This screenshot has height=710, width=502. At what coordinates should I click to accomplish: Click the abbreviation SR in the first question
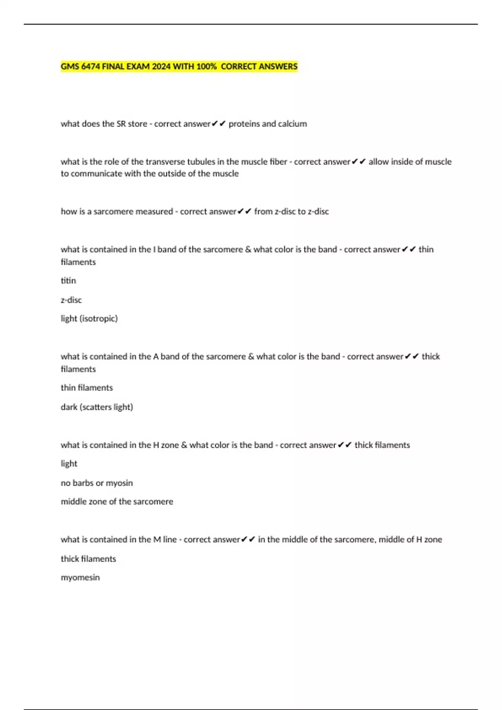coord(121,124)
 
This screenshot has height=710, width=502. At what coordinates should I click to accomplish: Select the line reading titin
coord(68,281)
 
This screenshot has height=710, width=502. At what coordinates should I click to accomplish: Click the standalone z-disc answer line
coord(71,300)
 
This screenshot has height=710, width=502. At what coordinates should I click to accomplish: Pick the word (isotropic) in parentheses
coord(98,319)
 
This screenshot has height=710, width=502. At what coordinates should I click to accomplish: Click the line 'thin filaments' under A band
coord(87,388)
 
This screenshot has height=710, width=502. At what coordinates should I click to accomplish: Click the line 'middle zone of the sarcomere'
coord(117,502)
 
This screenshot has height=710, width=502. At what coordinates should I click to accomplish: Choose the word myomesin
coord(80,578)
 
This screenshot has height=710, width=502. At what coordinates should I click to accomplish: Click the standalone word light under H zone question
coord(69,464)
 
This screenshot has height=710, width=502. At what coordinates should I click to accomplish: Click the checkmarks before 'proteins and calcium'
coord(219,124)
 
